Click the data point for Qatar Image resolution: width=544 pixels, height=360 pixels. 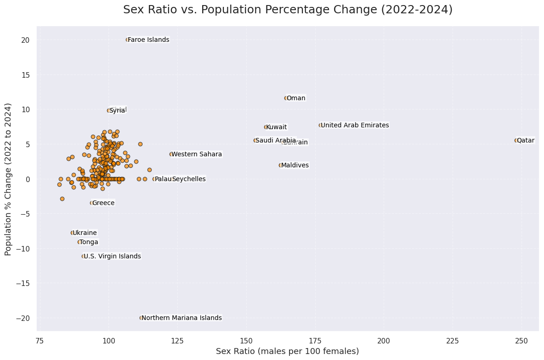pos(516,140)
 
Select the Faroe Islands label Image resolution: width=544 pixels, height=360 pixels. pos(148,40)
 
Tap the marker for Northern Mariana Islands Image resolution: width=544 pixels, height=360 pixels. pos(142,318)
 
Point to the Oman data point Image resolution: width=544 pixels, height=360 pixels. pos(286,98)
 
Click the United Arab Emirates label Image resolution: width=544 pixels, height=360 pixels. pos(355,125)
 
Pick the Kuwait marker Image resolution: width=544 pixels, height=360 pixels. pos(266,127)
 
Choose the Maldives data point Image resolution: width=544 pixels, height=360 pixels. pos(280,165)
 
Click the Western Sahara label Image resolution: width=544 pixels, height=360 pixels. pos(197,154)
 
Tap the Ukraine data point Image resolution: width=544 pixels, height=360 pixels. pos(72,233)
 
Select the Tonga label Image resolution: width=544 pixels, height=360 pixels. pos(89,242)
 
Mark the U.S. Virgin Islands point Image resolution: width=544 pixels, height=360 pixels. pos(83,256)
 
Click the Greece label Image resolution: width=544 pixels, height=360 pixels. pos(103,203)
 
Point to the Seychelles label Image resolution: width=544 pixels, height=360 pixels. pos(189,179)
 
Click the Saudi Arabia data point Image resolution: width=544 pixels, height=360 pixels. pos(255,140)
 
